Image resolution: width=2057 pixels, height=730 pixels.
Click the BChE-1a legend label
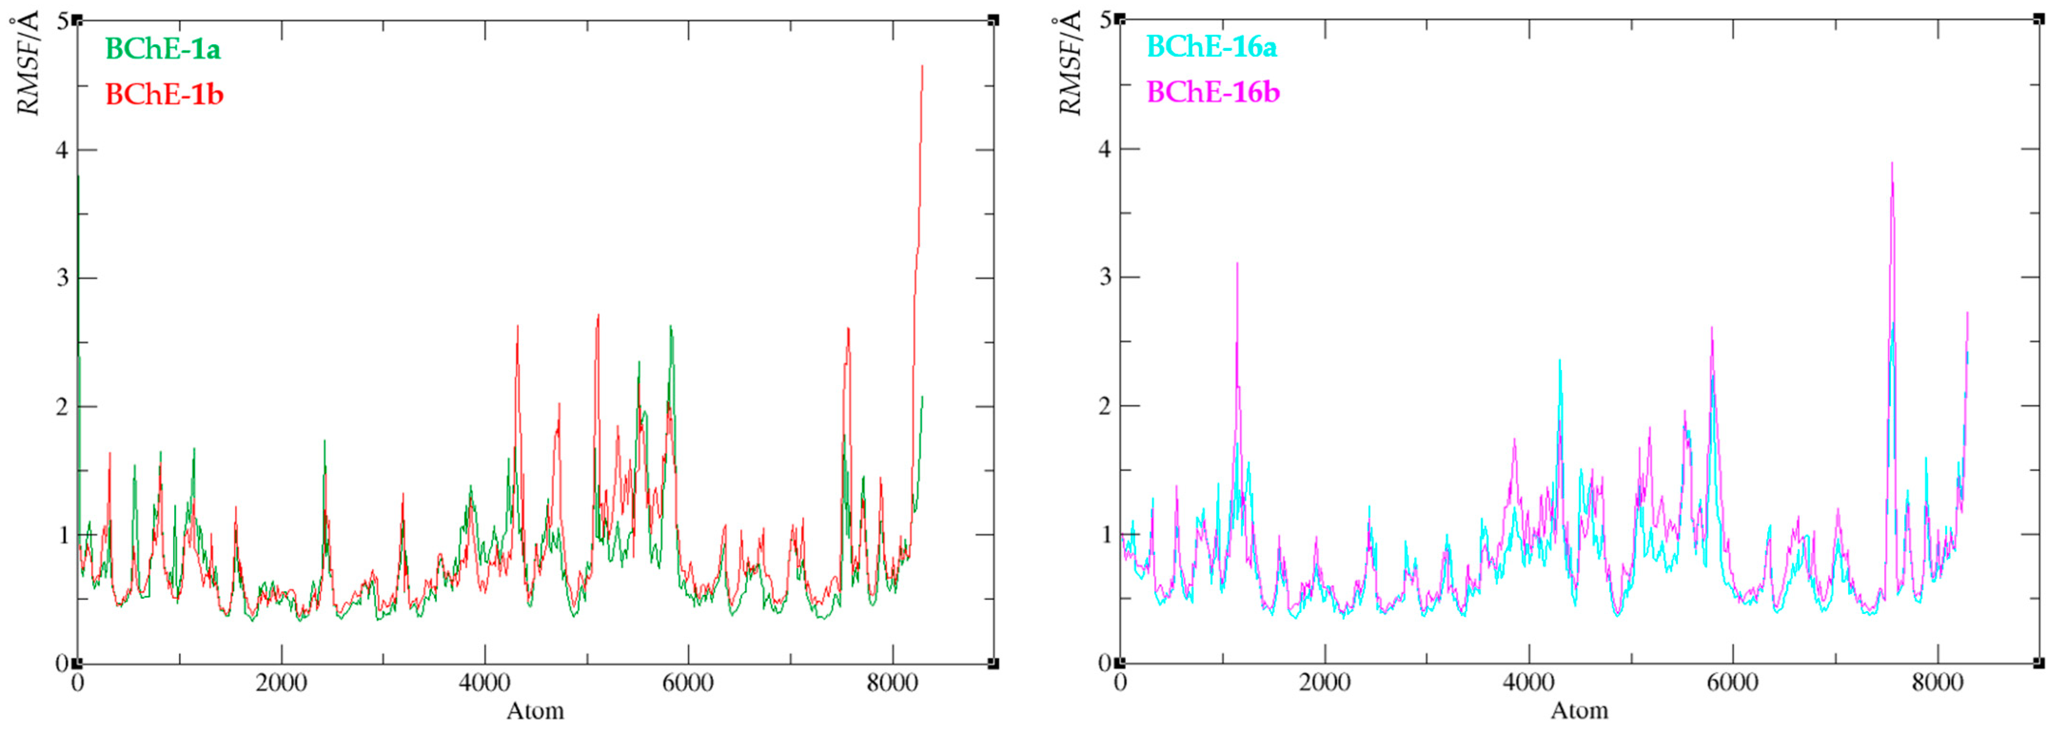(163, 49)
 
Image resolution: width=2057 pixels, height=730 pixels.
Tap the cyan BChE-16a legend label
(1211, 47)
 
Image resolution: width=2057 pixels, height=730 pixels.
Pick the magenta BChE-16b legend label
(1213, 93)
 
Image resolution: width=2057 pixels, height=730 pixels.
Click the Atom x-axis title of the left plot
(535, 711)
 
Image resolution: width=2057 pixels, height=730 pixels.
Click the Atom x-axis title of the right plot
(1579, 711)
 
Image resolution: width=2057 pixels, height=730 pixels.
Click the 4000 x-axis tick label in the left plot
(485, 684)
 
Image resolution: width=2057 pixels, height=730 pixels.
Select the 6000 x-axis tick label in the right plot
(1733, 684)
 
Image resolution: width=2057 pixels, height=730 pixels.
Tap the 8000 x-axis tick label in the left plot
(892, 684)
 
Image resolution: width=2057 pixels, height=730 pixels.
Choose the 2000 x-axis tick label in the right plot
(1325, 684)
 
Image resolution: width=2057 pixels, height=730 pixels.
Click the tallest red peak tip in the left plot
(922, 66)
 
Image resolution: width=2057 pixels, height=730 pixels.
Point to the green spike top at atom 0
(78, 175)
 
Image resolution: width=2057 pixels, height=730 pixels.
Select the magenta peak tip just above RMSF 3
(1237, 263)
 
